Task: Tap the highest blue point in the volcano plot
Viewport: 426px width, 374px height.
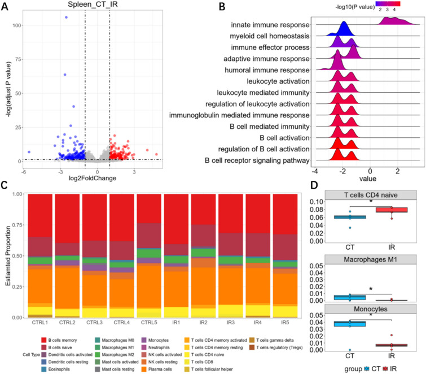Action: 66,18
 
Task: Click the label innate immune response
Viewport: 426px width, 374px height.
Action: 270,26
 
